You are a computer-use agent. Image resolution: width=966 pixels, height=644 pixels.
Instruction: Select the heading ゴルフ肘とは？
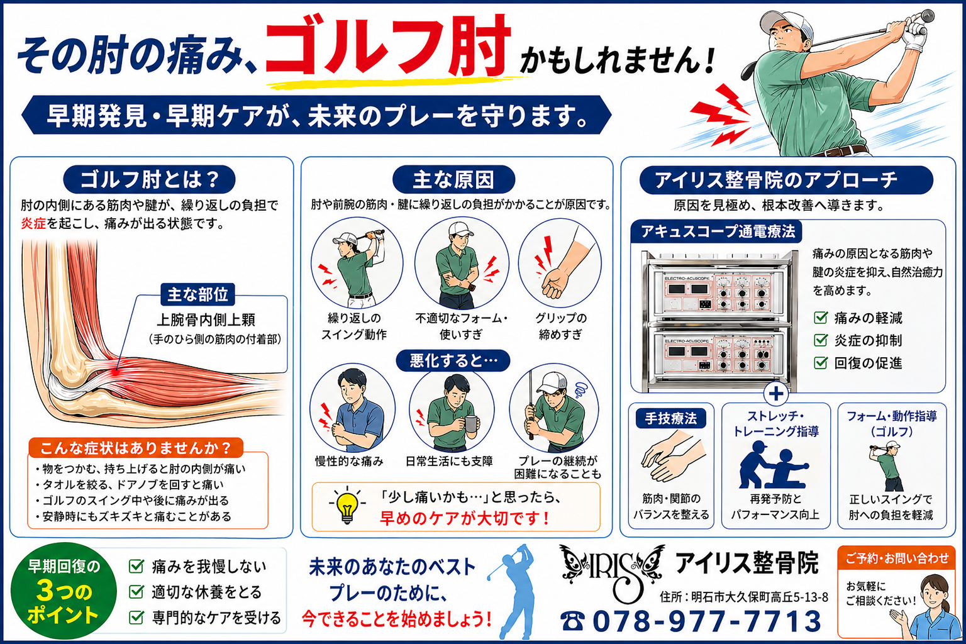pos(149,179)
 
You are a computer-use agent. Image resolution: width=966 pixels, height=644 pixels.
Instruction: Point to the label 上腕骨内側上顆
pos(206,319)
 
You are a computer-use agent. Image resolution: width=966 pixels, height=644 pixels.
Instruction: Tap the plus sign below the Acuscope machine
pos(776,394)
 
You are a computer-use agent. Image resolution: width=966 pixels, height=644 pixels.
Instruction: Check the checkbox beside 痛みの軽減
pos(820,318)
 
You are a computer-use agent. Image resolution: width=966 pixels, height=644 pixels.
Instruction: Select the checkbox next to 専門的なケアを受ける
pos(136,618)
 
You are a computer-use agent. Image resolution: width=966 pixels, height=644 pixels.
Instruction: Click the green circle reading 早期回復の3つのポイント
pos(64,591)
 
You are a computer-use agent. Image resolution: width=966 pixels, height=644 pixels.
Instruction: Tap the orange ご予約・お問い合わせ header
pos(897,558)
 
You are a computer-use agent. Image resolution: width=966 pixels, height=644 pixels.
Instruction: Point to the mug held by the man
pos(471,423)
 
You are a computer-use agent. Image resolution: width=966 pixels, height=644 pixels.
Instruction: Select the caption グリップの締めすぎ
pos(560,326)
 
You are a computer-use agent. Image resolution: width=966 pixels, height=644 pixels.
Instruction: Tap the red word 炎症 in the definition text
pos(33,224)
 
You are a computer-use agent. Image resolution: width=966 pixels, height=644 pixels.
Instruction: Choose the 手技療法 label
pos(671,418)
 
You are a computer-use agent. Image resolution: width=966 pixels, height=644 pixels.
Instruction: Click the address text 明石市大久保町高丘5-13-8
pos(760,597)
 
